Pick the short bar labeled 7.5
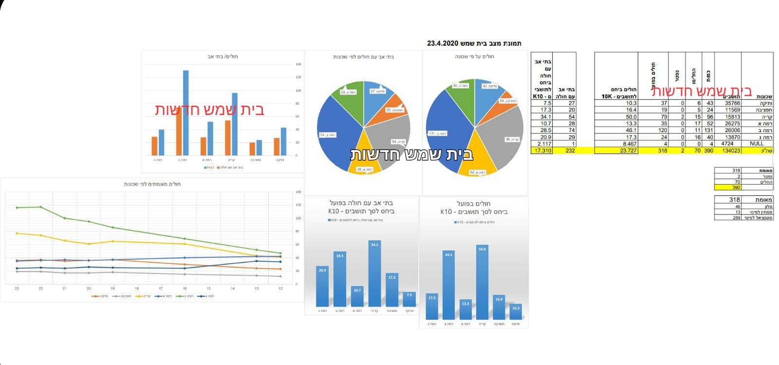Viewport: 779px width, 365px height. click(x=409, y=299)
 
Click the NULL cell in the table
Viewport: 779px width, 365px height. click(x=757, y=144)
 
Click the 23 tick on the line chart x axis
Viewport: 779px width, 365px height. click(x=17, y=288)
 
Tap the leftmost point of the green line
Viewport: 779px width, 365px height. click(x=17, y=208)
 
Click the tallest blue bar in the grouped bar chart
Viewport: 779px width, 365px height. click(x=185, y=113)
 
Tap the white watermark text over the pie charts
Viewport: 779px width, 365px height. click(x=411, y=154)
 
